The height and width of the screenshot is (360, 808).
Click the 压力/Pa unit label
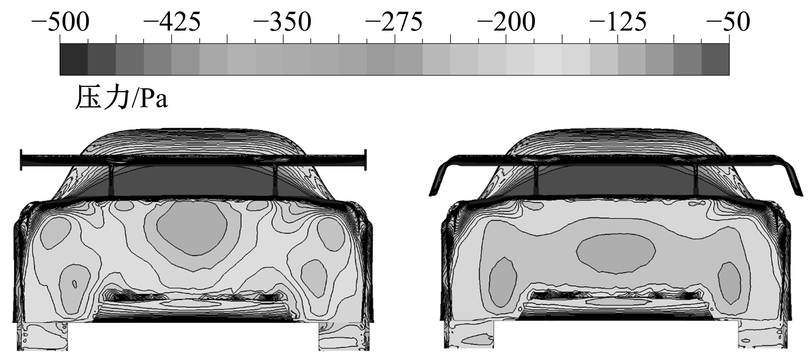[122, 97]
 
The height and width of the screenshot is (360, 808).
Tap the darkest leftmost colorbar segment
[74, 60]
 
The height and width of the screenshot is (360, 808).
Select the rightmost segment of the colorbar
[715, 60]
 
